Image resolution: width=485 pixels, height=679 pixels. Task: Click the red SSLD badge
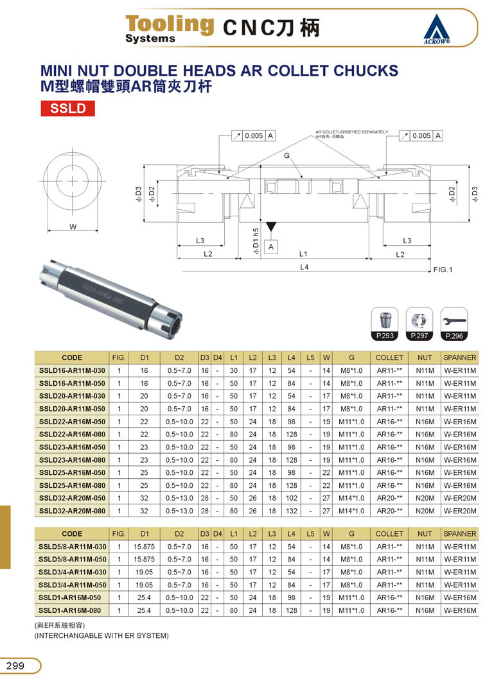[67, 108]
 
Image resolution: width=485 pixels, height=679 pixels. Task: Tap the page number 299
[15, 666]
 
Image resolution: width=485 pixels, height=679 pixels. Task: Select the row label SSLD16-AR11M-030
[72, 371]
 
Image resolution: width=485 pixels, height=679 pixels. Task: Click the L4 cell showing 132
[291, 511]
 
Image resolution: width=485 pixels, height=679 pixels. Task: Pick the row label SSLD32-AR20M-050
[72, 498]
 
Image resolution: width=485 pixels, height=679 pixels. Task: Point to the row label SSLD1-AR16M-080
[69, 610]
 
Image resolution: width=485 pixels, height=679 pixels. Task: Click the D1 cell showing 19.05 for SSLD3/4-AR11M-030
[144, 572]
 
